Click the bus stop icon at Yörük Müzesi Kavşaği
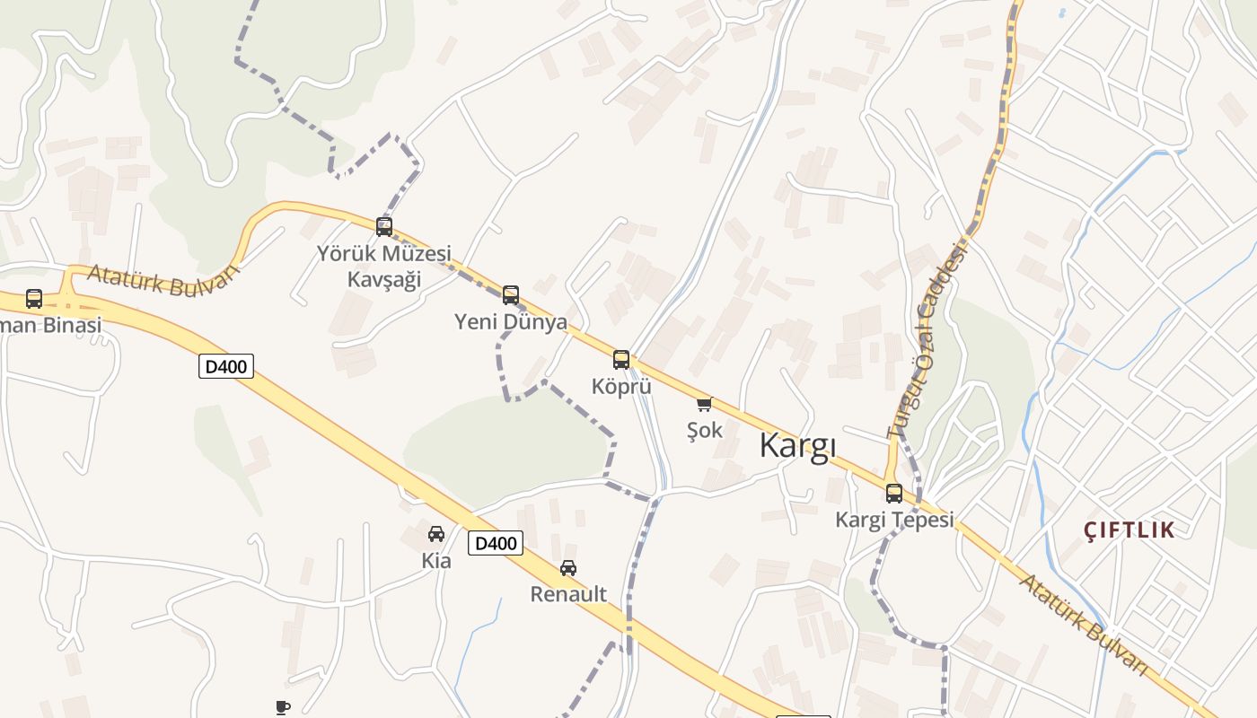click(384, 227)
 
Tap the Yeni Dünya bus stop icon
click(511, 294)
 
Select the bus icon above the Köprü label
click(621, 360)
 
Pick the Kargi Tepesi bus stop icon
click(894, 493)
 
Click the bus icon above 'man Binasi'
click(34, 299)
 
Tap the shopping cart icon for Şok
click(705, 405)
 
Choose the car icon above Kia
click(436, 534)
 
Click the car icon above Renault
click(568, 567)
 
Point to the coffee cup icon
click(283, 707)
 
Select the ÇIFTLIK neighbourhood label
click(1130, 530)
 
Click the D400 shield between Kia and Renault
click(496, 543)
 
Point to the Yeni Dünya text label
click(511, 321)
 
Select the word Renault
click(568, 594)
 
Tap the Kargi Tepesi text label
click(894, 520)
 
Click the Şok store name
click(705, 431)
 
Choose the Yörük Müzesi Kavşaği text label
click(384, 267)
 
